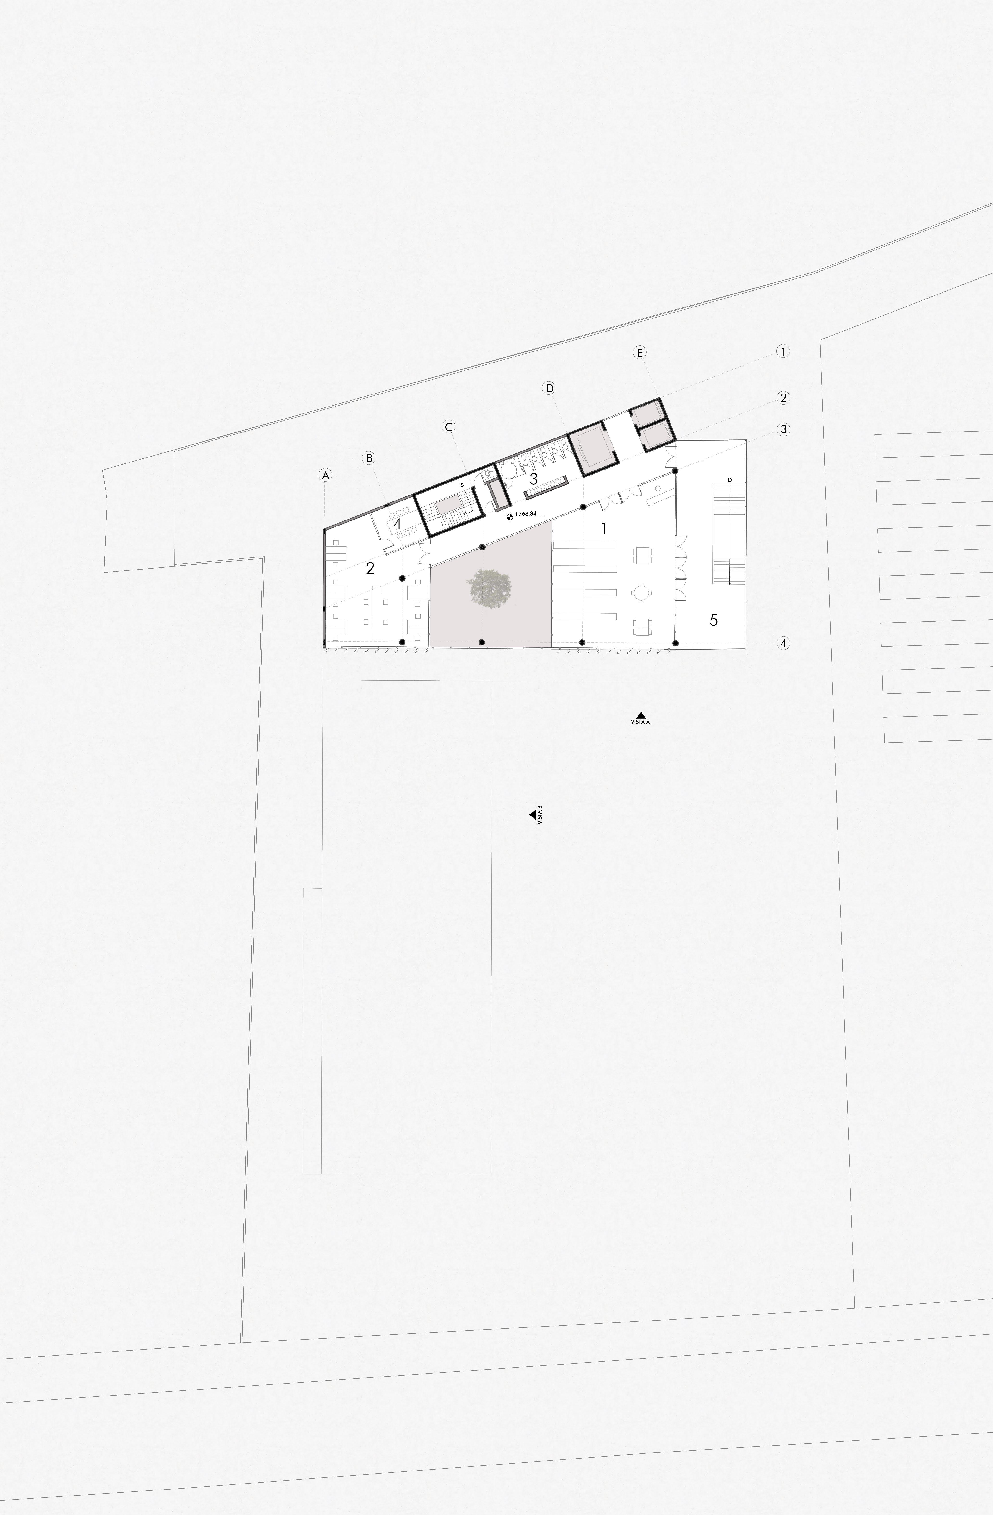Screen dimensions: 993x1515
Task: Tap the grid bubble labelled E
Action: coord(640,352)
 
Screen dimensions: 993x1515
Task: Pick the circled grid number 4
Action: coord(784,644)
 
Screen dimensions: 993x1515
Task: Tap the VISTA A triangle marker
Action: coord(641,715)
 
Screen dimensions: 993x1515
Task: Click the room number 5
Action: coord(714,619)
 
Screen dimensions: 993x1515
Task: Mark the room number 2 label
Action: coord(371,569)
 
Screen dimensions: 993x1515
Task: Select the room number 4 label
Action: coord(397,524)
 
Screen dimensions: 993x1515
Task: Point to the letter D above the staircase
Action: coord(729,479)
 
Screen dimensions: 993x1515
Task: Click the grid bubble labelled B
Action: coord(369,458)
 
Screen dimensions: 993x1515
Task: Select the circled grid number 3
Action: coord(784,430)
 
